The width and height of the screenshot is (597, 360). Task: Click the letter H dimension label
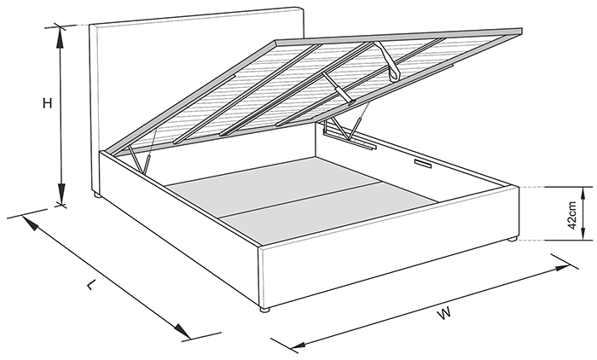[x=47, y=103]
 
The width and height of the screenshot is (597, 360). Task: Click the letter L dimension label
[x=90, y=285]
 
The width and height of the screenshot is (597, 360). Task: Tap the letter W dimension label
[x=444, y=314]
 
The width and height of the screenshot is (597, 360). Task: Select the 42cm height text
[x=572, y=215]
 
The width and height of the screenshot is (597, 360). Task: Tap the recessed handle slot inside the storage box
[x=422, y=164]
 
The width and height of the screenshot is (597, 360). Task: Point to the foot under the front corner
[x=264, y=310]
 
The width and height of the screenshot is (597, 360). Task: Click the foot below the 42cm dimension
[x=513, y=239]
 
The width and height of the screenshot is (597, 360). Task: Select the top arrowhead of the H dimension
[x=61, y=38]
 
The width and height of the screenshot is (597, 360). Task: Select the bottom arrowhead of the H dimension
[x=61, y=195]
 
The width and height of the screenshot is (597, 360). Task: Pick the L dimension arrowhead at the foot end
[x=183, y=331]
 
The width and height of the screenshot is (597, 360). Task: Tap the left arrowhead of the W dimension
[x=299, y=345]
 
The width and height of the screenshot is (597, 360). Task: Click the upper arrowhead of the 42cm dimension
[x=583, y=195]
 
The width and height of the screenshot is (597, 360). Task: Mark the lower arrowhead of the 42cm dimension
[x=583, y=233]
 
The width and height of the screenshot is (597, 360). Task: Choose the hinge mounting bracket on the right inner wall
[x=349, y=139]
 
